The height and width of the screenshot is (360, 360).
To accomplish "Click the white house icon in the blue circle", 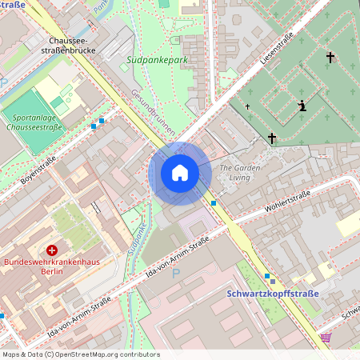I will [x=179, y=173].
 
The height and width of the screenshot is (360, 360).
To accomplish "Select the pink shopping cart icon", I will [x=325, y=338].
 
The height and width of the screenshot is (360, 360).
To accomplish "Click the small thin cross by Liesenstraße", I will [x=247, y=106].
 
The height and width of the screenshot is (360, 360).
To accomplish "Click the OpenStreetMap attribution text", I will [x=80, y=354].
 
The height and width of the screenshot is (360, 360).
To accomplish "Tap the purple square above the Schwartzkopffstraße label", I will [x=272, y=281].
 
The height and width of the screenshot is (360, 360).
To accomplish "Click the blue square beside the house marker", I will [x=214, y=203].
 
